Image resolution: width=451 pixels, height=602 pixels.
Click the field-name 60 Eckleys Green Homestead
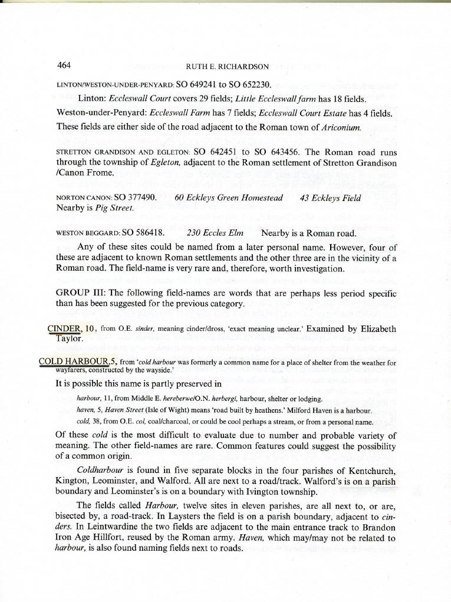[229, 198]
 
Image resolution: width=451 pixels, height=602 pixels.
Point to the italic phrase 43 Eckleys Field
[330, 198]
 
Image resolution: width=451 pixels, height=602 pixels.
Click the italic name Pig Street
[115, 208]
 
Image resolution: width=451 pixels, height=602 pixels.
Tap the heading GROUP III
[80, 293]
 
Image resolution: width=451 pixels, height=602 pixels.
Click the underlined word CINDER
[64, 329]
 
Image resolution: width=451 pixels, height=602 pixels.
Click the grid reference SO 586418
[143, 233]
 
